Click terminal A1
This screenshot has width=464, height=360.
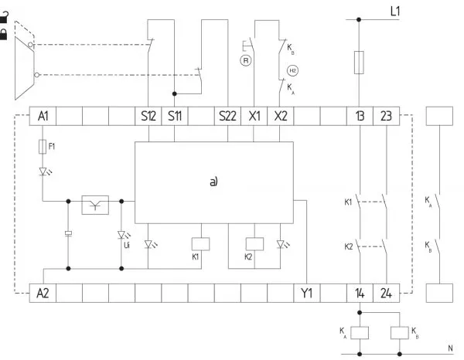pyautogui.click(x=43, y=116)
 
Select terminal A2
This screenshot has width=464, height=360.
pyautogui.click(x=43, y=294)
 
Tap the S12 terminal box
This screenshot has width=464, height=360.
pyautogui.click(x=148, y=116)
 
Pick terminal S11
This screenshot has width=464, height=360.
pyautogui.click(x=175, y=116)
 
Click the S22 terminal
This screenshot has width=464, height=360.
pyautogui.click(x=227, y=116)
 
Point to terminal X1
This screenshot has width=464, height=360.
pyautogui.click(x=254, y=116)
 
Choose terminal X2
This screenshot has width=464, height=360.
pyautogui.click(x=281, y=116)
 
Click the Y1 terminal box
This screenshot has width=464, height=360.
pyautogui.click(x=307, y=294)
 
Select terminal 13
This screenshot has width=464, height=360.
pyautogui.click(x=360, y=116)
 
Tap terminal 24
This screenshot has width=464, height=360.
pyautogui.click(x=386, y=294)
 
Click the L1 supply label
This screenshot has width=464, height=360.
pyautogui.click(x=395, y=12)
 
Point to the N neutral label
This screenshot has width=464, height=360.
pyautogui.click(x=450, y=348)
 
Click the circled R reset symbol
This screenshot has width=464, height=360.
pyautogui.click(x=245, y=60)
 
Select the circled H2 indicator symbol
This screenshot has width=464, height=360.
pyautogui.click(x=292, y=70)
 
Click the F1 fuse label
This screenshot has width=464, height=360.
pyautogui.click(x=52, y=146)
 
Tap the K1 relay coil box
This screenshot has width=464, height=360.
pyautogui.click(x=201, y=244)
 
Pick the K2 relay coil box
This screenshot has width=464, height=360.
pyautogui.click(x=254, y=244)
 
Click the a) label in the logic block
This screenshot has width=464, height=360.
pyautogui.click(x=213, y=182)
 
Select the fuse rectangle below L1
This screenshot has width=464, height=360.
pyautogui.click(x=359, y=63)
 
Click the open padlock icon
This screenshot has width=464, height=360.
pyautogui.click(x=4, y=17)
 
